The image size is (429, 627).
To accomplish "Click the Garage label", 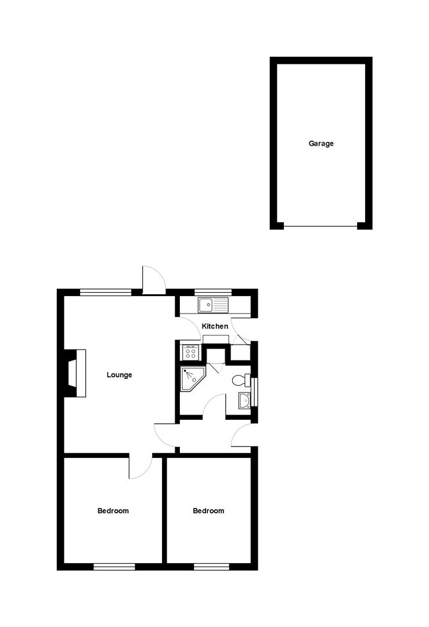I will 321,143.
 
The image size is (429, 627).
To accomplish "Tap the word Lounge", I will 119,375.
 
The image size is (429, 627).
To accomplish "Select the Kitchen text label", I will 215,326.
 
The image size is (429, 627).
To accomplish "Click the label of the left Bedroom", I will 113,511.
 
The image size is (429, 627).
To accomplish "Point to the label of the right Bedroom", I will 208,511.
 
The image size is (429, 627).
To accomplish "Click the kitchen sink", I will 213,304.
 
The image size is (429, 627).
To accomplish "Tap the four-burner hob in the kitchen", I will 190,352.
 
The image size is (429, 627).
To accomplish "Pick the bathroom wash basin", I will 244,400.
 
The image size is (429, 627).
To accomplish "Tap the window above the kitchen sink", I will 212,292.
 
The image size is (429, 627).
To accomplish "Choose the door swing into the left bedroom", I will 139,467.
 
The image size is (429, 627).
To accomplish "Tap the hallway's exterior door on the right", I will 243,436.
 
